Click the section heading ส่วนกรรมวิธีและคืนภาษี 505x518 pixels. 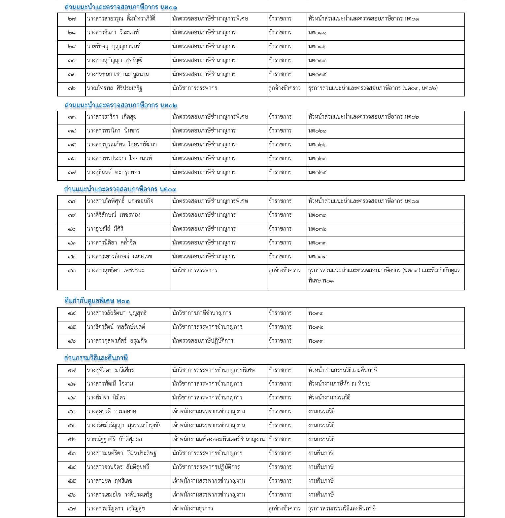coord(96,358)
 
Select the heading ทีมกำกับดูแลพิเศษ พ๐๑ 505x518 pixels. coord(97,301)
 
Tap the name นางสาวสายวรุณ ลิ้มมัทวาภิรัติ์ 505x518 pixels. coord(121,19)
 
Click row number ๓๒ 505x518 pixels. coord(72,88)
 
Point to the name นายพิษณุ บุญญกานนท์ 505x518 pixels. coord(114,47)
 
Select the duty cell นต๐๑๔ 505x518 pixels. coord(317,74)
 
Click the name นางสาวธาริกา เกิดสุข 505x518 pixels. coord(112,117)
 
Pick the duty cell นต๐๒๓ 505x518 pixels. coord(317,159)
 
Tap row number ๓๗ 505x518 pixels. coord(72,172)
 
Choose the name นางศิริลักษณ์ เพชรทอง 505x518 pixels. coord(114,215)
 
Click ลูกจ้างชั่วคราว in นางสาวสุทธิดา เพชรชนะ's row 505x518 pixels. coord(285,271)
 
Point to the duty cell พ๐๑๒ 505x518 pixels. coord(316,327)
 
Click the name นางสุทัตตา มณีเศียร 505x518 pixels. coord(110,370)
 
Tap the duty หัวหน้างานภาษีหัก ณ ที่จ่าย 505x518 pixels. coord(339,384)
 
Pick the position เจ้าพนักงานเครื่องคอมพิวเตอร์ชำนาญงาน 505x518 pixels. coord(218,439)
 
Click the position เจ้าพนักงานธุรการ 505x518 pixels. coord(192,509)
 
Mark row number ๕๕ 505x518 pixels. coord(72,481)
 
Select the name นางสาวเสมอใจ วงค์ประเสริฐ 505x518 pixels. coord(119,495)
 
